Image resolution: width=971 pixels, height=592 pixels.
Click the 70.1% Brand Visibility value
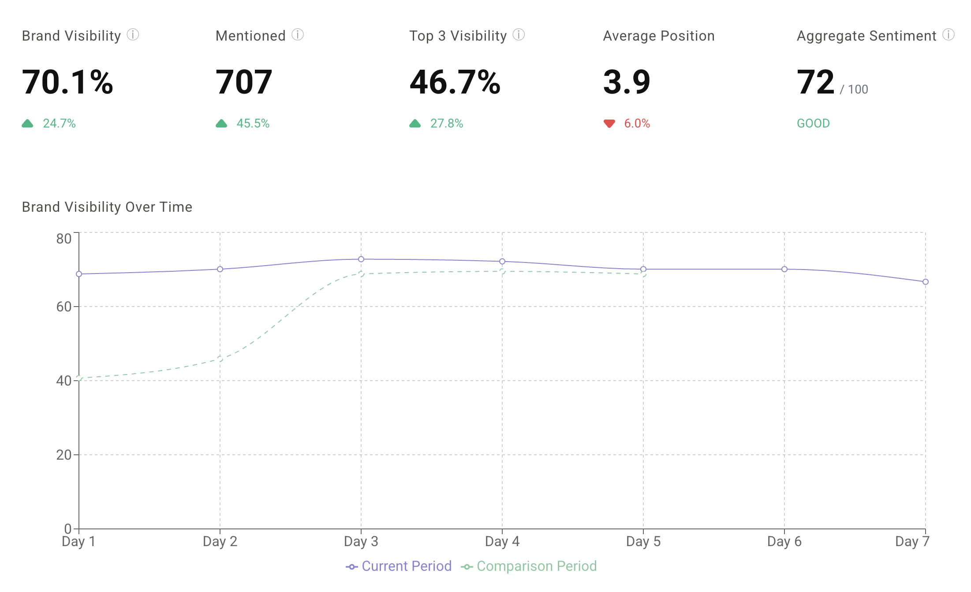click(67, 82)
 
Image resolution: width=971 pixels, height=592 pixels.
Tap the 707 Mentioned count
click(244, 82)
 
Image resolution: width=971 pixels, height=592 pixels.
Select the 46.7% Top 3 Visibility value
click(455, 82)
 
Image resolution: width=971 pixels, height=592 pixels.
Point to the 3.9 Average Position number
click(627, 82)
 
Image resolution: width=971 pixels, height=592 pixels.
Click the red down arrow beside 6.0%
click(609, 124)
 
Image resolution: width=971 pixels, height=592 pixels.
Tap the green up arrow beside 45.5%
click(221, 124)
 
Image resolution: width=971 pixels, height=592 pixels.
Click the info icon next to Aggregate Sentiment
click(948, 34)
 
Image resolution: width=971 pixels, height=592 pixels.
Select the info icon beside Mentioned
click(298, 34)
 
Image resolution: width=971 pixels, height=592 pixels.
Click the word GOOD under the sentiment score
click(813, 124)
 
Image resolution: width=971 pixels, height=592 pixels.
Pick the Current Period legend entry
click(399, 566)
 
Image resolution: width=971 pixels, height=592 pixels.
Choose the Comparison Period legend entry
click(529, 566)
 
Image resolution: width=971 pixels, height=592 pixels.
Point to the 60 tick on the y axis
click(64, 307)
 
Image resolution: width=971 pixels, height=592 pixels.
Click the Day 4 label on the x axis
click(502, 541)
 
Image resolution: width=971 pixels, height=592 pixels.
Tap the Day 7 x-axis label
click(912, 541)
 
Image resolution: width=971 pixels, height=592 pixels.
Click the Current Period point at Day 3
click(361, 259)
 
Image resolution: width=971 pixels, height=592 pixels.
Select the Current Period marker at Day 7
click(926, 281)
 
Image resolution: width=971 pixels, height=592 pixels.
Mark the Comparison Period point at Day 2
click(220, 359)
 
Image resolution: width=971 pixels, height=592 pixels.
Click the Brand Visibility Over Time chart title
click(107, 207)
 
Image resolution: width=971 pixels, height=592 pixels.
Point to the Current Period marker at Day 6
click(784, 269)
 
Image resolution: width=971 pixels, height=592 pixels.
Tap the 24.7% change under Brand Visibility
click(59, 124)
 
